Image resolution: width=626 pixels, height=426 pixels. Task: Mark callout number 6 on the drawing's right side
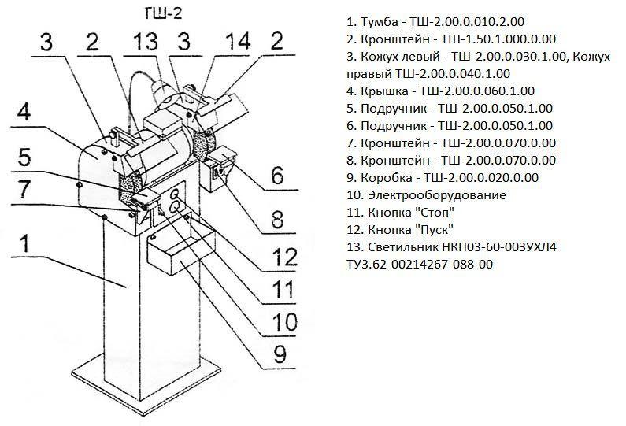pos(277,175)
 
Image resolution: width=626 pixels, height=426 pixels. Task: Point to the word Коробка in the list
pos(386,177)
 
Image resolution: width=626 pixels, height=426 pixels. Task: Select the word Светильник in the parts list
pos(404,246)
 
